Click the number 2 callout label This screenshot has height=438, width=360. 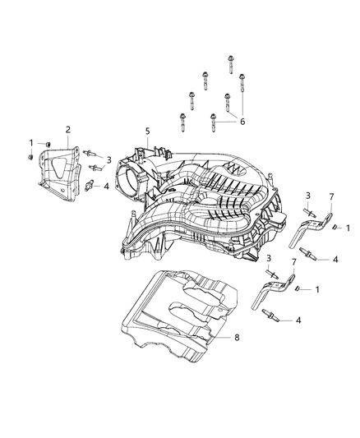(67, 129)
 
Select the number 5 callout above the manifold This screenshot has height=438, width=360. (147, 131)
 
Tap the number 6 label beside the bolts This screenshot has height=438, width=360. (242, 121)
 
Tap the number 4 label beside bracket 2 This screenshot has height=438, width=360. (105, 186)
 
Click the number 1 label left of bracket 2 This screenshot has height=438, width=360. (31, 143)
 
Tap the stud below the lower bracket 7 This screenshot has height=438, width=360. (270, 314)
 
